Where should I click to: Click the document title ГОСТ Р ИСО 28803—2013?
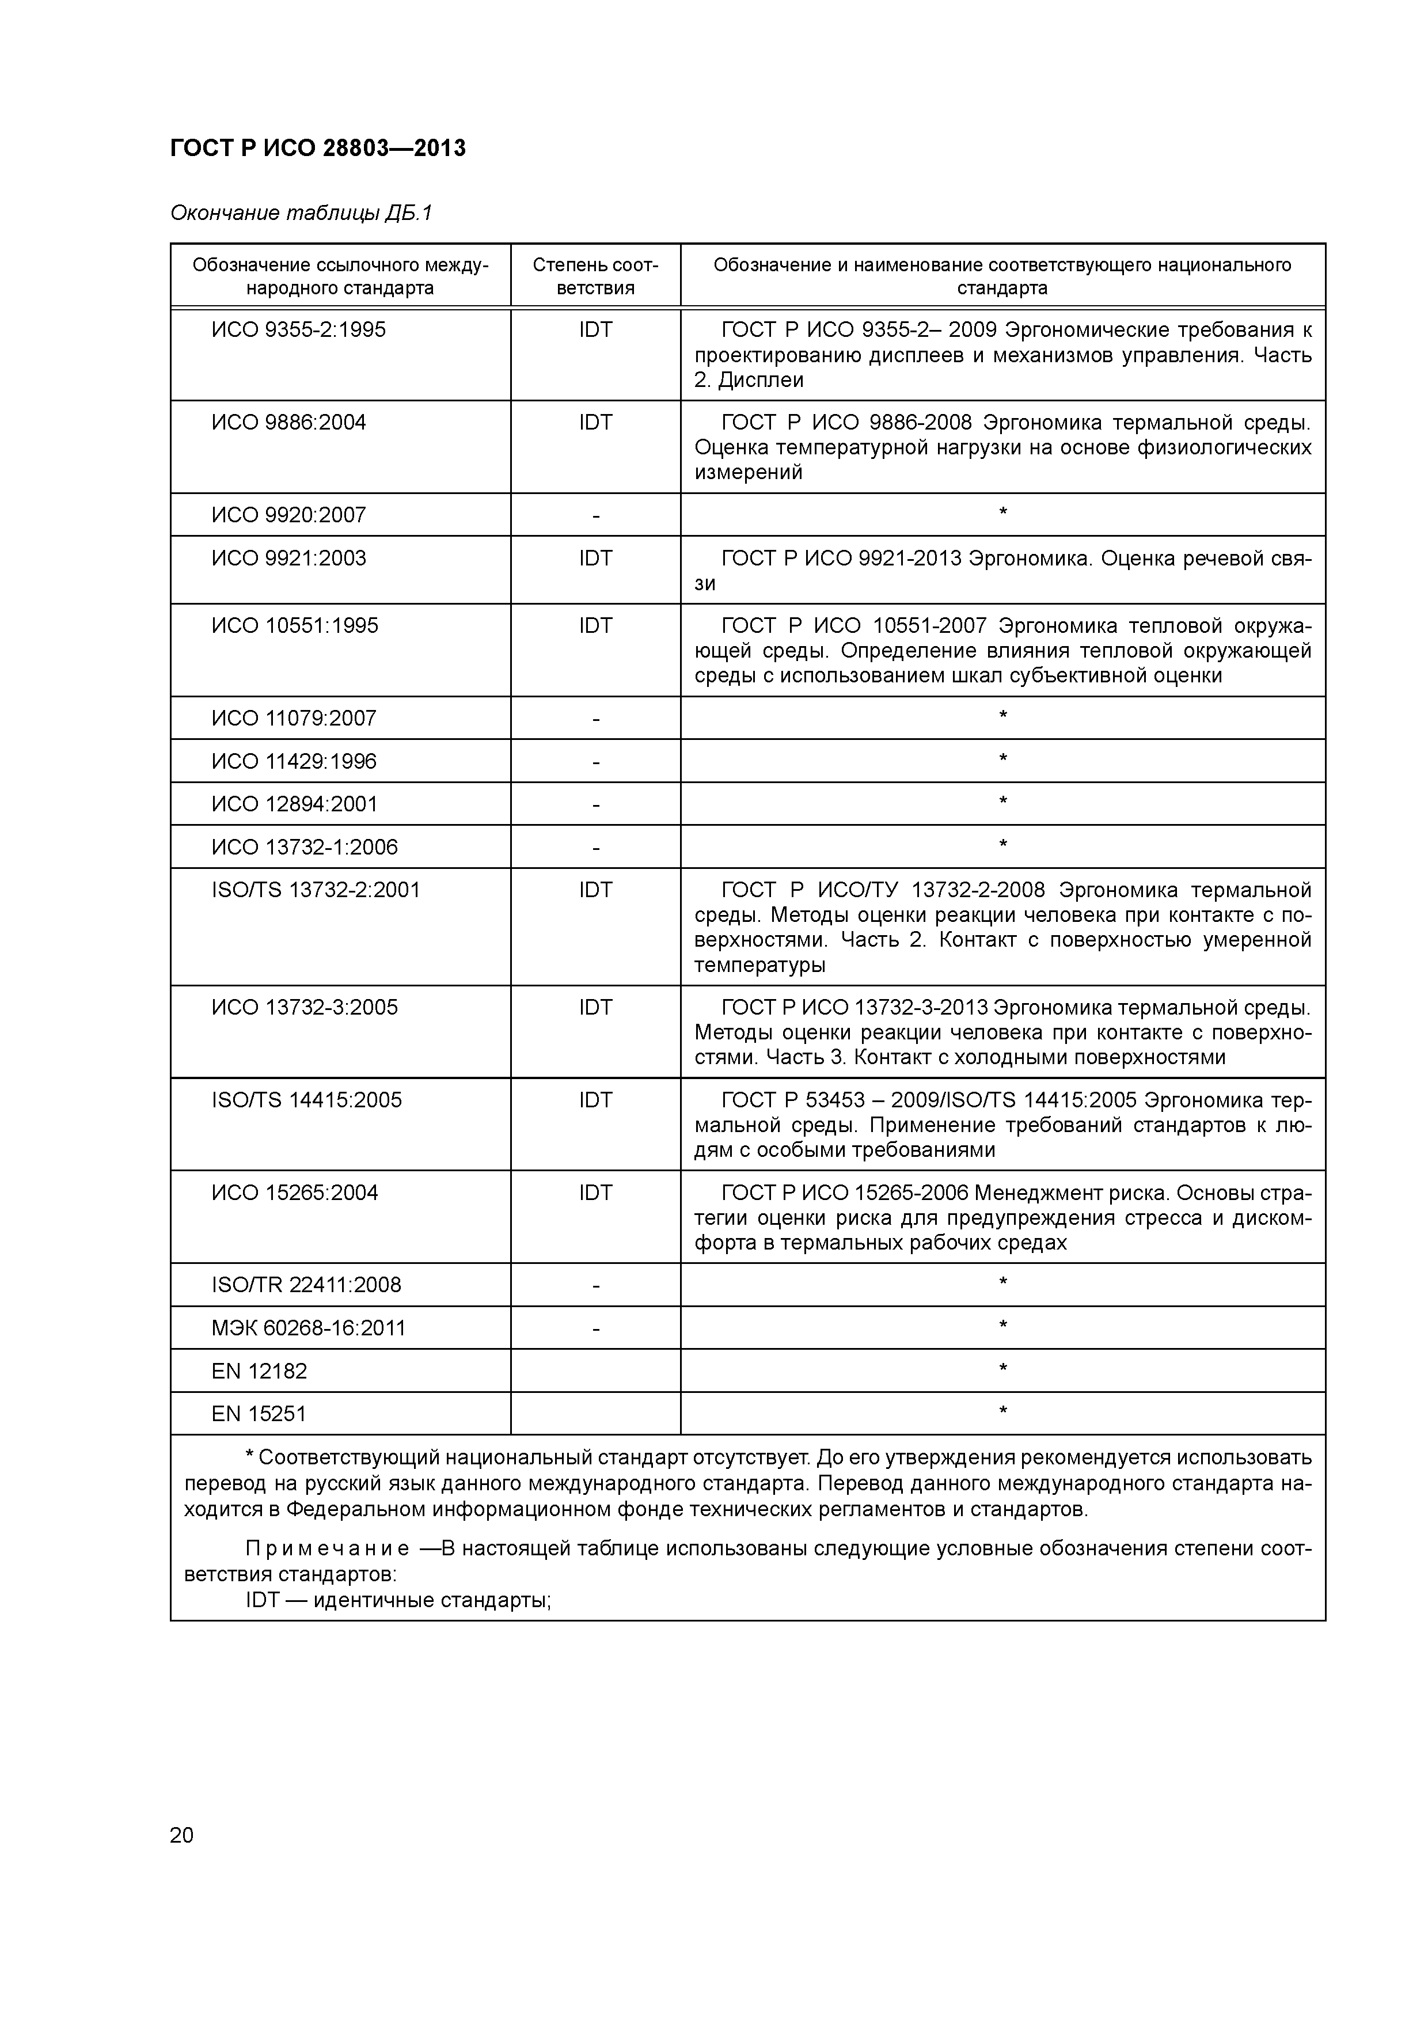[318, 149]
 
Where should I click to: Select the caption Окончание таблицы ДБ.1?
[301, 213]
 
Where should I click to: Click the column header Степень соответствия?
[595, 276]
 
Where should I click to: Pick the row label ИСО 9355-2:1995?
[298, 330]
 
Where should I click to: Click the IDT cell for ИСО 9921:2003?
[595, 559]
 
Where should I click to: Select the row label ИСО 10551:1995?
[295, 625]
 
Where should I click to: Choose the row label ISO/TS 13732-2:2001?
[316, 890]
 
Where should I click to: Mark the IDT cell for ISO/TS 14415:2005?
[595, 1100]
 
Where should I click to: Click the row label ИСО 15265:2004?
[295, 1193]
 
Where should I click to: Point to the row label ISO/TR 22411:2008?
[306, 1285]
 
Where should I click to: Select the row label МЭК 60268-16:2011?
[309, 1328]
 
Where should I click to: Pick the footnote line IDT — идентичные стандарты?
[398, 1600]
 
